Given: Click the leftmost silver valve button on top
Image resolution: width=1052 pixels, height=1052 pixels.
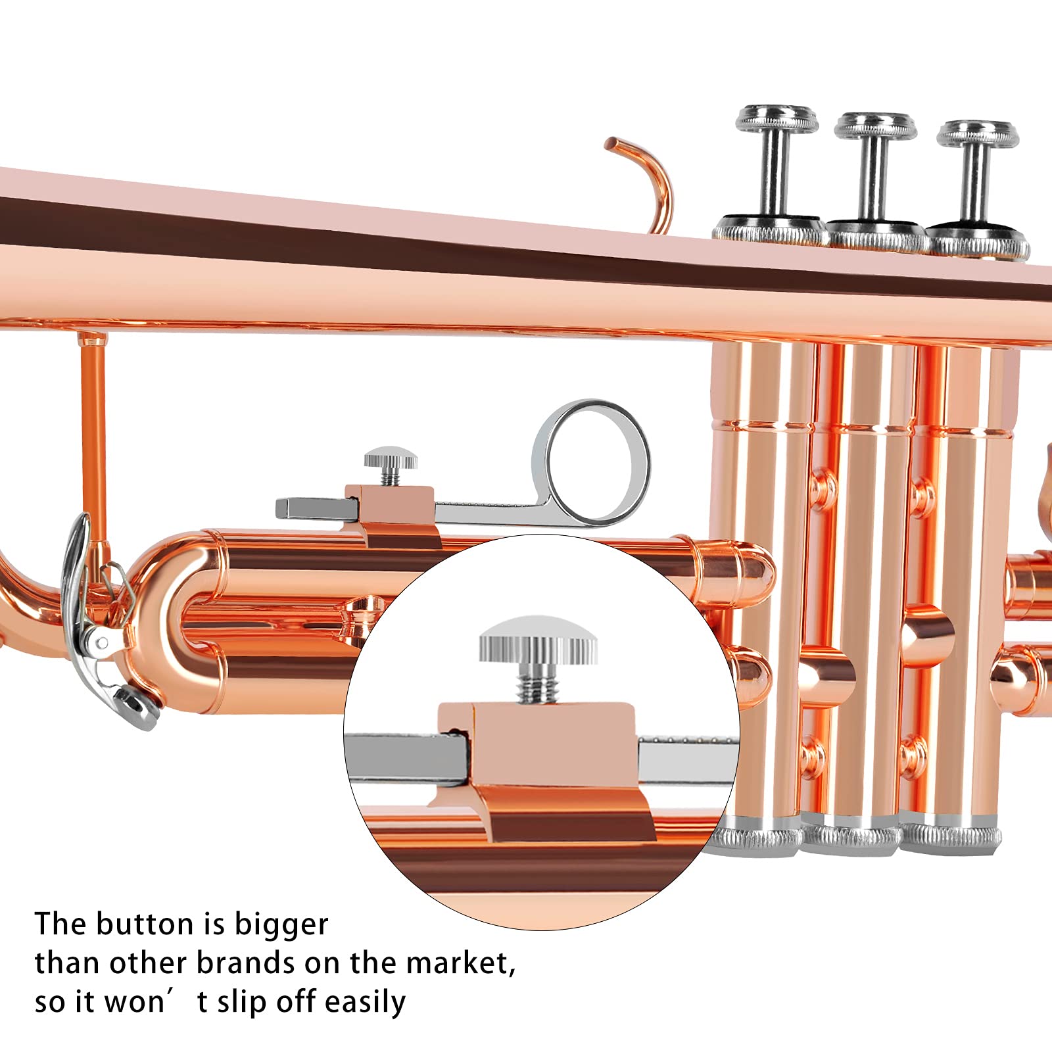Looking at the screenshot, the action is click(x=777, y=120).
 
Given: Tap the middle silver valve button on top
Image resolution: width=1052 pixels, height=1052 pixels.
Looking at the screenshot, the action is click(x=875, y=126).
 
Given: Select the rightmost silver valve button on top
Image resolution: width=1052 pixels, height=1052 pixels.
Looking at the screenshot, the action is click(x=978, y=134).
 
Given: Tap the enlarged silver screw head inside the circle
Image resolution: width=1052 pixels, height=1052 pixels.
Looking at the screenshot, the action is click(x=538, y=640).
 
